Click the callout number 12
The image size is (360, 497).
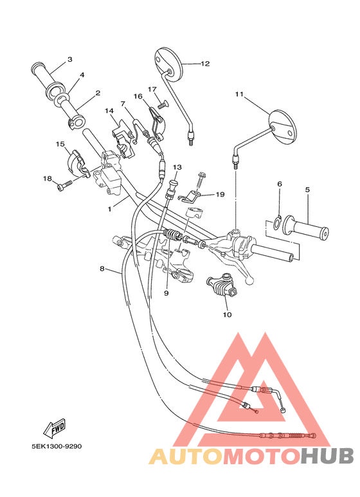click(205, 64)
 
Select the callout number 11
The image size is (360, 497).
click(239, 95)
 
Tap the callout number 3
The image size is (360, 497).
click(70, 60)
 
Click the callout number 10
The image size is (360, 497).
click(226, 315)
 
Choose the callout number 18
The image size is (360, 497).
click(47, 178)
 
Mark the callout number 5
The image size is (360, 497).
click(307, 190)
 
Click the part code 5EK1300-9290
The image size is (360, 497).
click(57, 446)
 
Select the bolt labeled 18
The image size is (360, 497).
click(65, 185)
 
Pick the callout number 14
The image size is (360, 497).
click(110, 111)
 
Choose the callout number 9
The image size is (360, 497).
click(166, 293)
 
